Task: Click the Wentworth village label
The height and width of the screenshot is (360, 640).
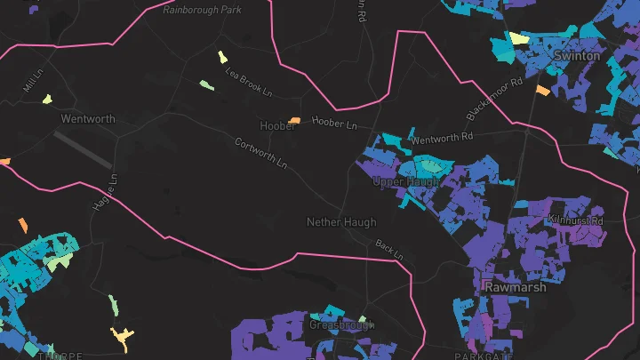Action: [x=88, y=118]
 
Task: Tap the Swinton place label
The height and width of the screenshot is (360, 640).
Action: [x=577, y=55]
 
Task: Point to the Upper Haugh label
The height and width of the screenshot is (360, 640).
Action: [x=405, y=181]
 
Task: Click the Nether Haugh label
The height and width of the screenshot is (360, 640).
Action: [x=340, y=221]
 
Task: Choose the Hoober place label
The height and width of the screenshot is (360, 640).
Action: [x=277, y=125]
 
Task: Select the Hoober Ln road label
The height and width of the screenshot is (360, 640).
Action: [x=334, y=122]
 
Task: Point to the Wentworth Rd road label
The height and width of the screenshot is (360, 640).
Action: [x=443, y=139]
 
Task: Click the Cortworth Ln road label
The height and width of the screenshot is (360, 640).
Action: [x=260, y=154]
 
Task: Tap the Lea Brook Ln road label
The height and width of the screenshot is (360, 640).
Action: [x=248, y=82]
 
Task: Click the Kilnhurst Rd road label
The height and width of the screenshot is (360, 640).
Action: [x=575, y=220]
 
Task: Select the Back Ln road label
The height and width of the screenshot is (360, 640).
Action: [x=388, y=249]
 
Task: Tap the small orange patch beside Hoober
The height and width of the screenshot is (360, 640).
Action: [x=295, y=120]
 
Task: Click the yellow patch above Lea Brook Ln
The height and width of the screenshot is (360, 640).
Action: [x=222, y=57]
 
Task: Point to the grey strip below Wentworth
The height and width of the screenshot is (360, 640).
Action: [x=83, y=149]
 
